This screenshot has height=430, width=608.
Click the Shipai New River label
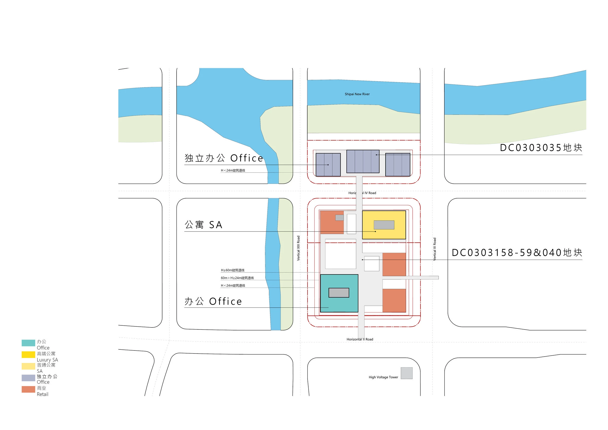(357, 94)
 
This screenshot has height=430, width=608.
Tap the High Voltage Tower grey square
(407, 373)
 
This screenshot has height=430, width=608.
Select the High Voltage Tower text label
(383, 377)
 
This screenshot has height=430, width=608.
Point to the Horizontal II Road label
(360, 339)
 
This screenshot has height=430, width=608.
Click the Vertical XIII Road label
(298, 248)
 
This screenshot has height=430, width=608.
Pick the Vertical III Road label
(434, 249)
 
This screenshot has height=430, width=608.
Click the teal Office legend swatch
(28, 343)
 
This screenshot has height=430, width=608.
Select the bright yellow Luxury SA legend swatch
(28, 355)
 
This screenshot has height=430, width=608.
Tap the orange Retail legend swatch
(28, 389)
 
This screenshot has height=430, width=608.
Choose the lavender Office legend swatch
(28, 378)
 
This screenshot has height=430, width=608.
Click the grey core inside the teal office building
(339, 292)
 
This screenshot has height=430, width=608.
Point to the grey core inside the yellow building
(384, 225)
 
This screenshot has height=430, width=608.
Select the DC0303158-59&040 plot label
(517, 252)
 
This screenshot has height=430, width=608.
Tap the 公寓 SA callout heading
(203, 225)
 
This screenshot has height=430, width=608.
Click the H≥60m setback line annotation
(233, 270)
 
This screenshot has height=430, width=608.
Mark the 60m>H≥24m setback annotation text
(237, 278)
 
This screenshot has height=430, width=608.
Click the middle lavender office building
(363, 161)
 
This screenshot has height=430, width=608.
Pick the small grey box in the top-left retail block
(339, 218)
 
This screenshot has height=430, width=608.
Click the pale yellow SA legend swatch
(28, 366)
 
